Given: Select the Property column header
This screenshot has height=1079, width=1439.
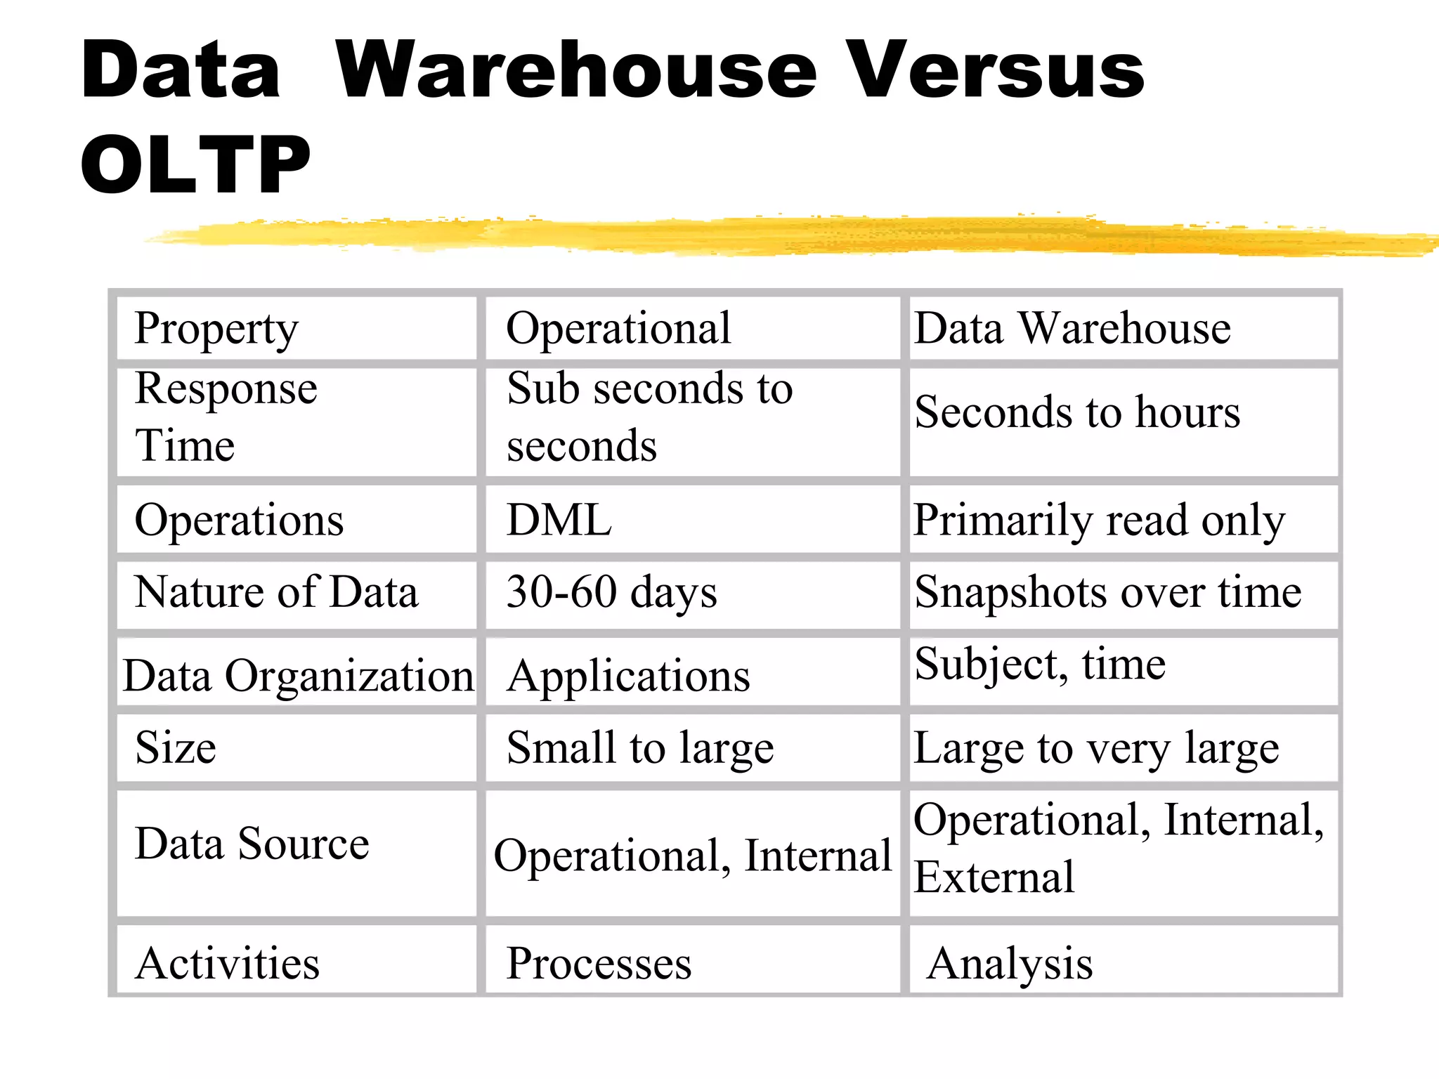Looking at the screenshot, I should click(216, 329).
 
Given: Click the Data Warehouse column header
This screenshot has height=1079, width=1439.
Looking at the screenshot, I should click(1072, 328).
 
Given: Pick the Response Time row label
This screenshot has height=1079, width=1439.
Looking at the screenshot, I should click(226, 417).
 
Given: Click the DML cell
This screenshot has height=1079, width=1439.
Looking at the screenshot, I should click(559, 521).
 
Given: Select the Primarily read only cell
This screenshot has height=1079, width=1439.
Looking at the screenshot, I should click(1099, 521).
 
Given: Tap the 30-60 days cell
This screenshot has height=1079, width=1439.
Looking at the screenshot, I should click(611, 592).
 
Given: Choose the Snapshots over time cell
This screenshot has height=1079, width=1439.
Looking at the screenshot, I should click(1108, 592).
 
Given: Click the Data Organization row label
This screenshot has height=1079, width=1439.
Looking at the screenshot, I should click(298, 676).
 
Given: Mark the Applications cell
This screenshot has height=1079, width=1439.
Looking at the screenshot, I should click(628, 676).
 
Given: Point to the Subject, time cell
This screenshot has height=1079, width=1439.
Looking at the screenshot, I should click(1040, 665).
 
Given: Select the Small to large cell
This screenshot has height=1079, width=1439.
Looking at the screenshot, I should click(640, 748).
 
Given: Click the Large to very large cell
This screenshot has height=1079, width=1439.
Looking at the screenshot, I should click(1096, 748).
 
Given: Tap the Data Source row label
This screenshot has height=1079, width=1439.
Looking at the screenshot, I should click(252, 844).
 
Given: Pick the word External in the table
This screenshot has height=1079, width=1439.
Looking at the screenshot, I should click(994, 877).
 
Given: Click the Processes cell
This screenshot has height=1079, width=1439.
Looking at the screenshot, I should click(599, 963).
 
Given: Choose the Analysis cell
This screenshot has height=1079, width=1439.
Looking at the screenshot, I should click(1010, 963).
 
